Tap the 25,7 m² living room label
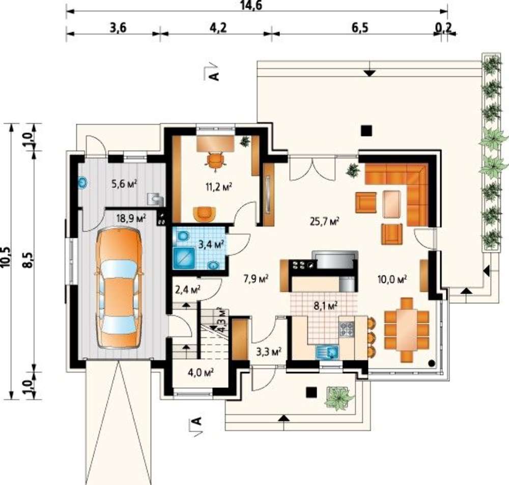pyautogui.click(x=325, y=222)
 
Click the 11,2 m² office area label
pyautogui.click(x=219, y=187)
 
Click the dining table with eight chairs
pyautogui.click(x=406, y=330)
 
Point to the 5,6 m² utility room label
pyautogui.click(x=124, y=184)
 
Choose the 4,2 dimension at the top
pyautogui.click(x=218, y=28)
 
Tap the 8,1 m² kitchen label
pyautogui.click(x=326, y=305)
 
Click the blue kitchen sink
pyautogui.click(x=327, y=352)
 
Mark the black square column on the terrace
pyautogui.click(x=366, y=130)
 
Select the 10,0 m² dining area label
pyautogui.click(x=392, y=279)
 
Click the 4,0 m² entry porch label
pyautogui.click(x=200, y=373)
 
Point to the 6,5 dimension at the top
pyautogui.click(x=360, y=28)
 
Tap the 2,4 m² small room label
pyautogui.click(x=187, y=289)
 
